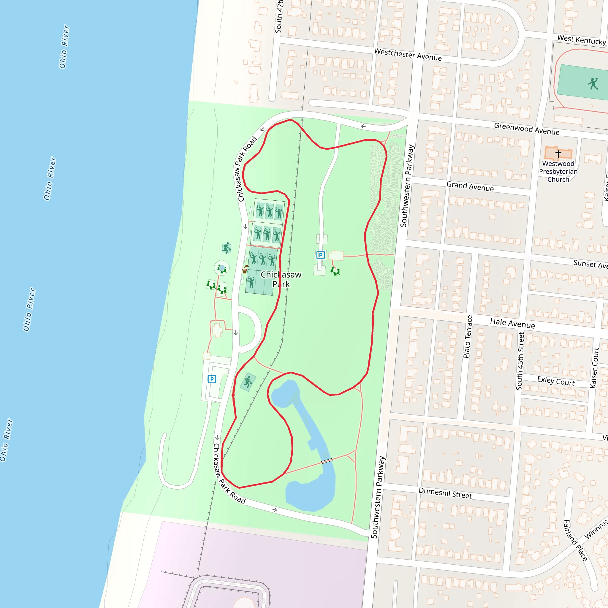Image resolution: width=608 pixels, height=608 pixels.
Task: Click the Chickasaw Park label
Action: point(281,279)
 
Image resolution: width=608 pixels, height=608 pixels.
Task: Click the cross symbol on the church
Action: point(558,153)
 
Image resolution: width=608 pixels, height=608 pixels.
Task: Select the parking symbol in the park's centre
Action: point(320,255)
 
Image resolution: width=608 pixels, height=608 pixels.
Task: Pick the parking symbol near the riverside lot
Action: point(212,379)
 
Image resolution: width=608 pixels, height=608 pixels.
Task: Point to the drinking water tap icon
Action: point(245,269)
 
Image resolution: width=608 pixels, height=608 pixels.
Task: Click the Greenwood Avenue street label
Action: point(526,129)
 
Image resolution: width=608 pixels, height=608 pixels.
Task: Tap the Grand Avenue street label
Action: point(470,186)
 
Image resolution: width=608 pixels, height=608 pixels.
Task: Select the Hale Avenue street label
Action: point(512,323)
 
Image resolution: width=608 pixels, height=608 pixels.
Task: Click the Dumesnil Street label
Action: point(445,493)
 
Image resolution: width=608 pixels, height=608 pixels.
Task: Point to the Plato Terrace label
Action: point(468,336)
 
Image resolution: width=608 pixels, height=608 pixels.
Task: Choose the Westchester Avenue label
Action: point(408,54)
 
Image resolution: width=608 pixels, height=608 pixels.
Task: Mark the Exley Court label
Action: point(556,381)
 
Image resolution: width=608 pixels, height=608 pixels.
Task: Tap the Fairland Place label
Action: point(575,540)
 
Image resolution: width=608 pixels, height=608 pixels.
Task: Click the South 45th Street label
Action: point(520,361)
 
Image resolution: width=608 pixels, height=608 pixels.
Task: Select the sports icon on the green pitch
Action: point(593,84)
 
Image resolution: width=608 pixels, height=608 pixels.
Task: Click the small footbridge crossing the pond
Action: point(327,461)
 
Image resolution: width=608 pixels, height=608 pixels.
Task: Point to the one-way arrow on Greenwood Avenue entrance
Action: point(363,126)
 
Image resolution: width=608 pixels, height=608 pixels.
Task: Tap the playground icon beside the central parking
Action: point(335,271)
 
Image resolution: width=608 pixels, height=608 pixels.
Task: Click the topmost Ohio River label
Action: point(64,47)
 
